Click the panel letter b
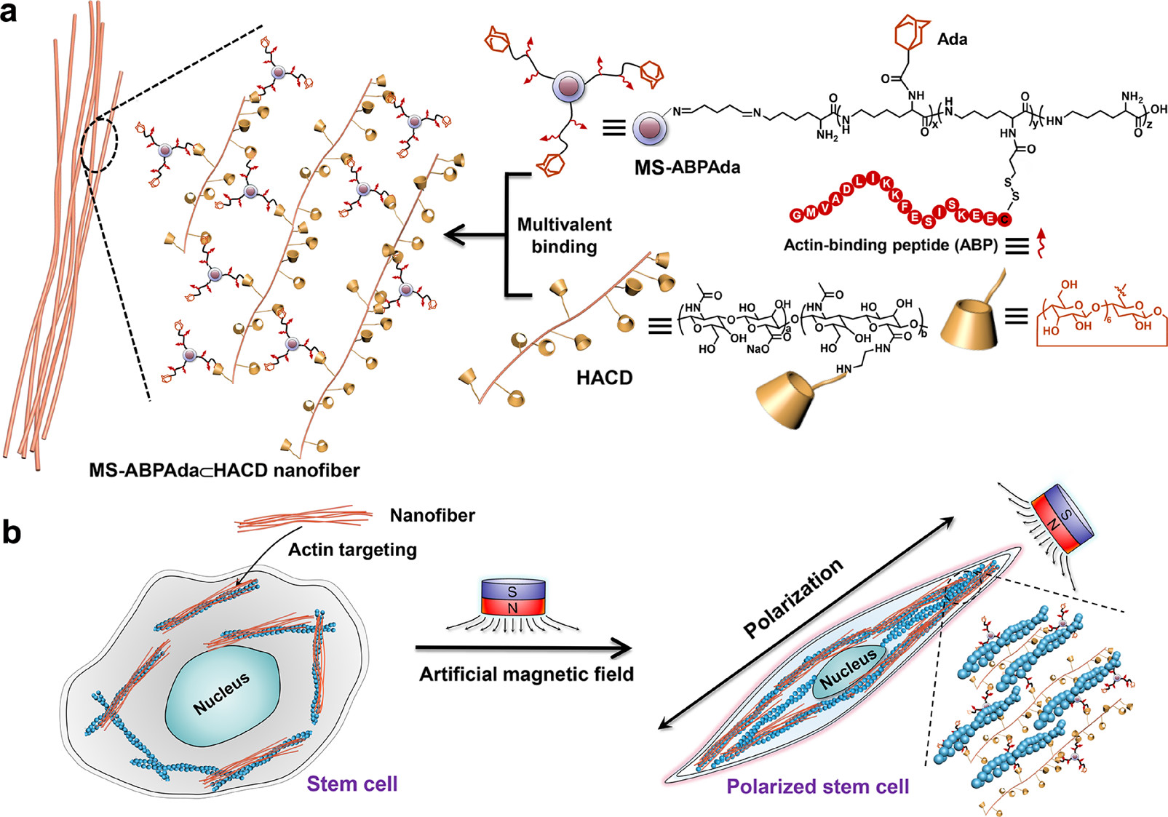tap(11, 532)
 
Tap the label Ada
tap(952, 39)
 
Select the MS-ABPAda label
tap(687, 167)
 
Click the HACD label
tap(604, 378)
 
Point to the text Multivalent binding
tap(564, 235)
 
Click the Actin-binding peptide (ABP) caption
tap(890, 245)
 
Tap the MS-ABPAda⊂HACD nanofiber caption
tap(224, 471)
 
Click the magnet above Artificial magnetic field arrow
tap(513, 597)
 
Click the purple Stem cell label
tap(351, 784)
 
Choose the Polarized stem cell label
tap(817, 786)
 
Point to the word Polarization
tap(793, 598)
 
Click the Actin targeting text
tap(352, 549)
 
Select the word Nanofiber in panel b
tap(432, 515)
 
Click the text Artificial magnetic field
tap(526, 674)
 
